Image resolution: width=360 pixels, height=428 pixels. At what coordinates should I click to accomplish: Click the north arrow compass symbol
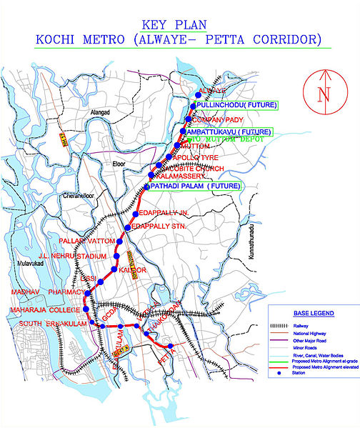coord(323,93)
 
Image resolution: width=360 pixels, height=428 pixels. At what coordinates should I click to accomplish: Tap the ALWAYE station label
coord(211,91)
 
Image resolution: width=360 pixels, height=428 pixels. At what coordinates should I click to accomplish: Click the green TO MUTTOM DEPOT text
coord(226,140)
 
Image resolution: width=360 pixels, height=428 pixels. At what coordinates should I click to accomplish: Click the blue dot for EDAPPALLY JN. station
coord(136,214)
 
